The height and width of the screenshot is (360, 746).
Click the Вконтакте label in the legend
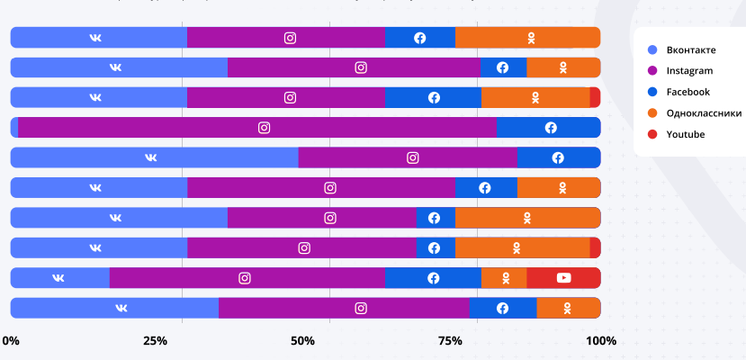click(691, 49)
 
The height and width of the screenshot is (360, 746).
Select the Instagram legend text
click(689, 71)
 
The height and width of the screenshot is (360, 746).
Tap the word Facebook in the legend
click(688, 92)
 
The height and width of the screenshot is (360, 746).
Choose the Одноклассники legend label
click(704, 113)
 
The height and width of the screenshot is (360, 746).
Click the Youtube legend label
click(686, 134)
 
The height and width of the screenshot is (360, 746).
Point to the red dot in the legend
click(652, 134)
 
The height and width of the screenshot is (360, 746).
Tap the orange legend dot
click(652, 113)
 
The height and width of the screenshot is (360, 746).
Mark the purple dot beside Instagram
click(652, 71)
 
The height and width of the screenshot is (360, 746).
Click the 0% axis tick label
click(11, 341)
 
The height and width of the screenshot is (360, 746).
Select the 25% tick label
click(155, 341)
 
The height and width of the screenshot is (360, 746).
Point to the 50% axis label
click(302, 341)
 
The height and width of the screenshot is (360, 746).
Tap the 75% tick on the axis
click(450, 341)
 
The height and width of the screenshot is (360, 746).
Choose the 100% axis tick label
click(601, 341)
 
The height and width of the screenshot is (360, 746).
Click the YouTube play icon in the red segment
click(564, 278)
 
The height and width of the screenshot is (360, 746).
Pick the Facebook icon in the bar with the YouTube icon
click(434, 278)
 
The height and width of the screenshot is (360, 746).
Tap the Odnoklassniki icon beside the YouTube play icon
click(506, 278)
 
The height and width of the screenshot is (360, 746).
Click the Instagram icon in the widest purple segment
click(264, 128)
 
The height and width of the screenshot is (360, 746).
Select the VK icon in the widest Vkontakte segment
click(151, 157)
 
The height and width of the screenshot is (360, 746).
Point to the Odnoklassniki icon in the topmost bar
click(532, 38)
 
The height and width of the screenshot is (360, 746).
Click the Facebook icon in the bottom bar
click(502, 308)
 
